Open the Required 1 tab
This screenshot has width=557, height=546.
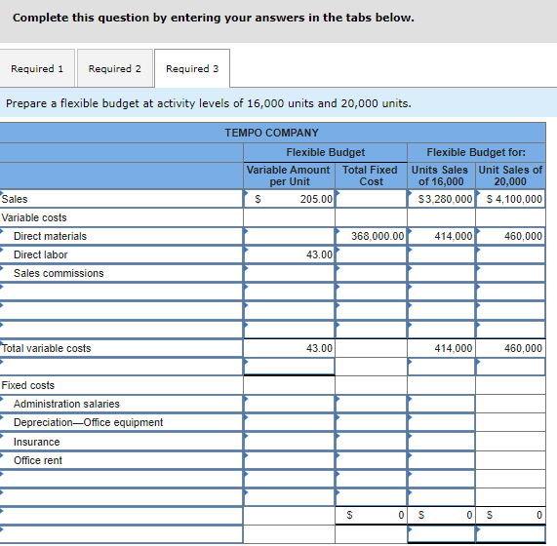tap(37, 68)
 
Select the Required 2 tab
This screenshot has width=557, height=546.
tap(114, 68)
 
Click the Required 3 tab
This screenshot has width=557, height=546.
tap(192, 68)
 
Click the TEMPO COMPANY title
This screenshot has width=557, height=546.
tap(271, 133)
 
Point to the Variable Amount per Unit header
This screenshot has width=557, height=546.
tap(289, 175)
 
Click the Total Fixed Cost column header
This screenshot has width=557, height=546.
tap(371, 175)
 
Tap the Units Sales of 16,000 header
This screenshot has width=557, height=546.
tap(441, 175)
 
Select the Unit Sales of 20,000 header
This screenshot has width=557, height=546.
tap(510, 175)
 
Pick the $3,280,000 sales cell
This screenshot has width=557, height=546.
tap(442, 199)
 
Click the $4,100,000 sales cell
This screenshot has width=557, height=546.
tap(511, 199)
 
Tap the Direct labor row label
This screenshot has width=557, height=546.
tap(40, 254)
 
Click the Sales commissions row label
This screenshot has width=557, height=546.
tap(59, 273)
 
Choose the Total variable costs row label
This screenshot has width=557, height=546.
tap(47, 348)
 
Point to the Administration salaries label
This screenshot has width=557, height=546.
tap(66, 404)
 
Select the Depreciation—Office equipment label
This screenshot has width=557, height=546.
tap(88, 422)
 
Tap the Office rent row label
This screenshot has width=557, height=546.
tap(38, 460)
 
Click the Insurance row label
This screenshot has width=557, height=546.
tap(36, 442)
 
